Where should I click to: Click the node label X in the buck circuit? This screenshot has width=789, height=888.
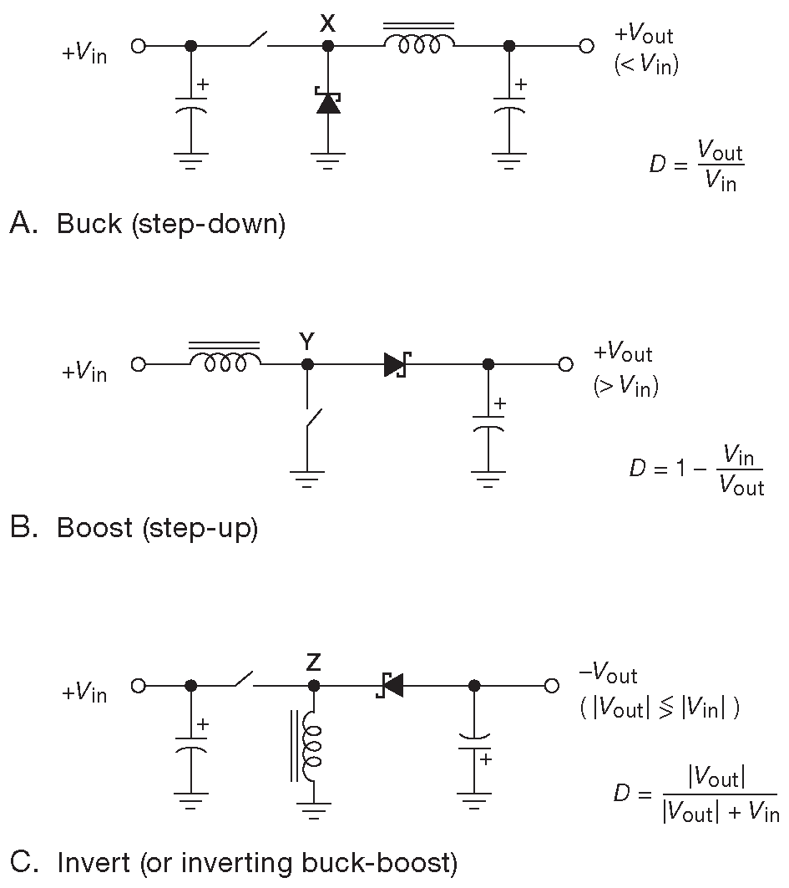click(327, 24)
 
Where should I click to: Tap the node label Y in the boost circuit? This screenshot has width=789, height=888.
click(307, 341)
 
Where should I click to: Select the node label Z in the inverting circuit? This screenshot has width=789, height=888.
click(313, 663)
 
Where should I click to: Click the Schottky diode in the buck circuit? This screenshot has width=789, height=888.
click(327, 101)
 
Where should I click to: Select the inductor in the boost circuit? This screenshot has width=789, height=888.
click(225, 359)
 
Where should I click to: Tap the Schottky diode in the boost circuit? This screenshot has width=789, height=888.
click(394, 364)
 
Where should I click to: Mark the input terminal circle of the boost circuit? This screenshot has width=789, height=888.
click(139, 364)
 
